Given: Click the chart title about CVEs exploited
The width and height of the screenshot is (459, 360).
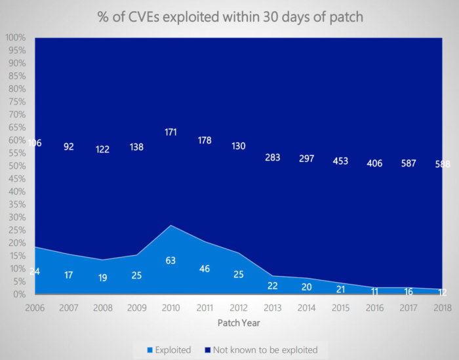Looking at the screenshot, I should (x=230, y=16).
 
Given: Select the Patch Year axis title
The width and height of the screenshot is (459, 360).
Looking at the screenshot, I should (x=239, y=323).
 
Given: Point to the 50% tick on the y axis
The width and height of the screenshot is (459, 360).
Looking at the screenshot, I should (x=16, y=167).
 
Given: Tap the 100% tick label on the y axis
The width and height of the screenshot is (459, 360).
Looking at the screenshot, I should (x=14, y=38).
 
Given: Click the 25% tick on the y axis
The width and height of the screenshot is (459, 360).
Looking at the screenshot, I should (x=16, y=231).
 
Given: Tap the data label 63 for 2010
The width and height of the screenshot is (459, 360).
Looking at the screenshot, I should (x=170, y=260).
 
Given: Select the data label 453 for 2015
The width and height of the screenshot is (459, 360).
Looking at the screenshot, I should (x=340, y=161).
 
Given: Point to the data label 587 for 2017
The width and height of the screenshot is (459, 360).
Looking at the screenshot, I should (x=408, y=163).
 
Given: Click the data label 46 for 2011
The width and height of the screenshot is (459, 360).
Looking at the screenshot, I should (x=205, y=268).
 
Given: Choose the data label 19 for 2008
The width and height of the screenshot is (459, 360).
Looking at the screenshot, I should (x=103, y=277).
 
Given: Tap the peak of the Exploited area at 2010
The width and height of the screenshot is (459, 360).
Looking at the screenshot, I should (x=170, y=226).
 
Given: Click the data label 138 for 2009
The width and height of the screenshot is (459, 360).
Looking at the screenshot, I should (x=136, y=148).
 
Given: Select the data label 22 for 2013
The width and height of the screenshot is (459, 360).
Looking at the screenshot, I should (x=272, y=285).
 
